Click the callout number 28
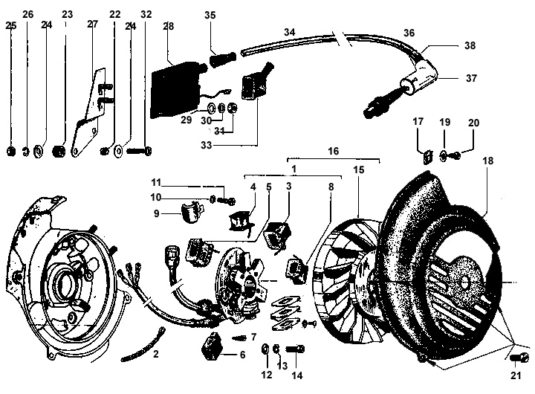click(x=168, y=26)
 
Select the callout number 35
click(x=210, y=15)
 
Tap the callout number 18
click(x=488, y=161)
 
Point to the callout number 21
click(x=516, y=375)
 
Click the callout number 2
click(x=155, y=354)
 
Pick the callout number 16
click(x=334, y=151)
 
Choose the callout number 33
click(x=207, y=145)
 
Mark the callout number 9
click(x=156, y=214)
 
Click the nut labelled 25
click(x=11, y=151)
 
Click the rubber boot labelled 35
click(x=222, y=59)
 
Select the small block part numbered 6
click(x=213, y=345)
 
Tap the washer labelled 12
click(x=265, y=349)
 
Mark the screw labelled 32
click(x=140, y=150)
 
